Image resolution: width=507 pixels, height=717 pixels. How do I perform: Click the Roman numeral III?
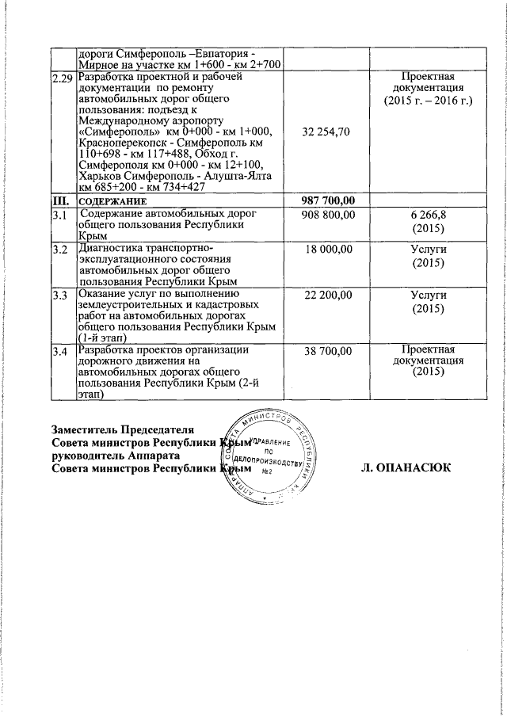coord(59,201)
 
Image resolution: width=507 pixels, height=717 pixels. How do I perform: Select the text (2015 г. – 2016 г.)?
coord(428,101)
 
